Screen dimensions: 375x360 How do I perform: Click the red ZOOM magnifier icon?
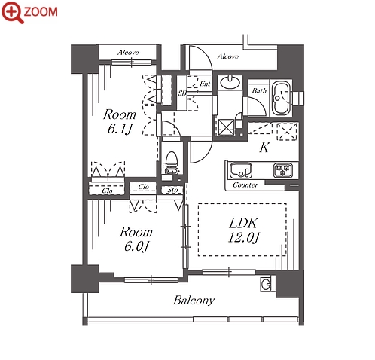[x=13, y=13]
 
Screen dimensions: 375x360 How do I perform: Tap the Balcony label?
[x=194, y=301]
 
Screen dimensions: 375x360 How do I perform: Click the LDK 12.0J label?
[x=243, y=230]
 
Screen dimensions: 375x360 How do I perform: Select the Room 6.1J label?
[x=120, y=121]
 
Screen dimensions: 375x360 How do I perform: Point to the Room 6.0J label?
[x=136, y=239]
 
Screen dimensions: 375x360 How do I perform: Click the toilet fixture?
[x=172, y=162]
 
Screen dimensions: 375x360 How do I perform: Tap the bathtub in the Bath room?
[x=282, y=99]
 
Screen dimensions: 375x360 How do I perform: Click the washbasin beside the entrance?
[x=230, y=82]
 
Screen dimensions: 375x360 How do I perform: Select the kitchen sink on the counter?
[x=241, y=170]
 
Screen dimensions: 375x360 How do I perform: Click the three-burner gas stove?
[x=283, y=170]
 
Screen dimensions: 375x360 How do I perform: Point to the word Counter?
[x=245, y=185]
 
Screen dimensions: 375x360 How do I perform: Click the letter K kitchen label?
[x=264, y=148]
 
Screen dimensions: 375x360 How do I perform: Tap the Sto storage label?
[x=172, y=191]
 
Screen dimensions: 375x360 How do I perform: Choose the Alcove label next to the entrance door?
[x=228, y=56]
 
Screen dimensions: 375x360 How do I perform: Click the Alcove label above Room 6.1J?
[x=128, y=53]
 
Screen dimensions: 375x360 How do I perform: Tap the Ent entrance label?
[x=205, y=84]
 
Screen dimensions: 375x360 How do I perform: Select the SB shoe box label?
[x=182, y=93]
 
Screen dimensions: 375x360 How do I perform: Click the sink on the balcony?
[x=266, y=285]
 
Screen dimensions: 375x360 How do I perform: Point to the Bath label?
[x=259, y=90]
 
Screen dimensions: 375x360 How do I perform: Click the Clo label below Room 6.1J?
[x=107, y=191]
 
